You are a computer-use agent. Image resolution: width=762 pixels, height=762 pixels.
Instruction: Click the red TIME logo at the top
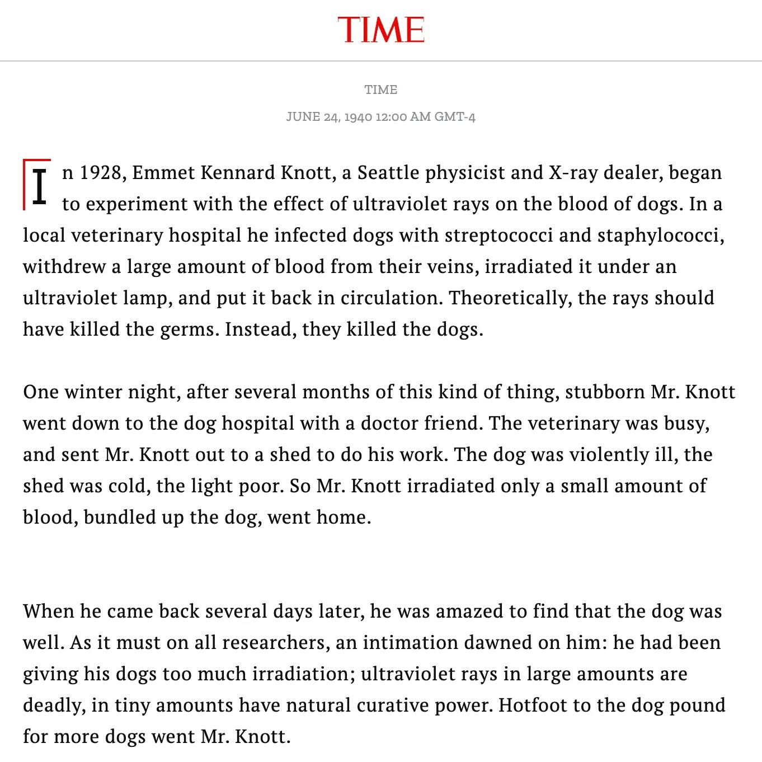[x=381, y=30]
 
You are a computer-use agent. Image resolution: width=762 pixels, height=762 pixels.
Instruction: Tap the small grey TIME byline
[x=381, y=90]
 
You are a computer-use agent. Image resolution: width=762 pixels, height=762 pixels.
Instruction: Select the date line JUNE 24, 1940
[x=380, y=117]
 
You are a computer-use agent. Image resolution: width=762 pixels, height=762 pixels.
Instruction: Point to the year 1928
[x=101, y=172]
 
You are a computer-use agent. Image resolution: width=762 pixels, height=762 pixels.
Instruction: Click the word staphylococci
[x=661, y=235]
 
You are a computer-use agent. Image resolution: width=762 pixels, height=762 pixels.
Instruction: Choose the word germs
[x=190, y=329]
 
